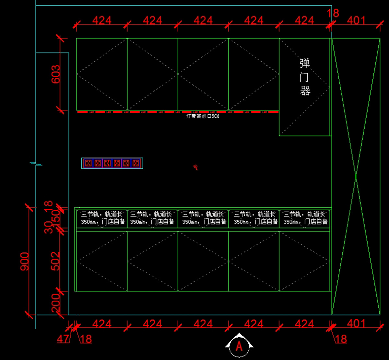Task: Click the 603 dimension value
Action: coord(55,74)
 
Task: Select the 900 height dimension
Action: coord(24,261)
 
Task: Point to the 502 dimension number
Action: coord(55,261)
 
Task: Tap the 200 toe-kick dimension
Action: coord(55,302)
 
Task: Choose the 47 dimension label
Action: coord(63,339)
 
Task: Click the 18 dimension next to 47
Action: coord(86,339)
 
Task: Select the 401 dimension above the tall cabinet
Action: coord(356,21)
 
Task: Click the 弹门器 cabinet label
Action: coord(305,77)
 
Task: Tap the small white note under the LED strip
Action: coord(203,116)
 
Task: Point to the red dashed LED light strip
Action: coord(178,112)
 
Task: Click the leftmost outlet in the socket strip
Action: coord(88,163)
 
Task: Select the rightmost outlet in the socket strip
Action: coord(137,163)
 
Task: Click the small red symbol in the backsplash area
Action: coord(195,167)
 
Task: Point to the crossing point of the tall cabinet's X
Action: coord(356,177)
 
